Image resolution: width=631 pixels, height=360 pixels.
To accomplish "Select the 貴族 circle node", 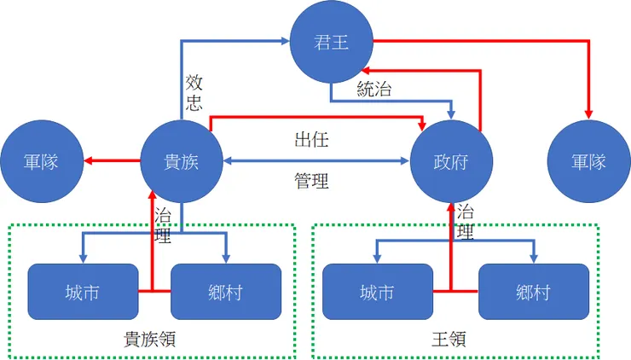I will coord(181,160).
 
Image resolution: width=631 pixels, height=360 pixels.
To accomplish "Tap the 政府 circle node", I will coord(453,160).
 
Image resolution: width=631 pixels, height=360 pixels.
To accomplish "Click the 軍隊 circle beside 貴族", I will coord(41,160).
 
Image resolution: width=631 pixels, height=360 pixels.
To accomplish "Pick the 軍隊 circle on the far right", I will coord(589,160).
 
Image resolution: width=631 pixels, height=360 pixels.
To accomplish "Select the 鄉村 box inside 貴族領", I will coord(226,292).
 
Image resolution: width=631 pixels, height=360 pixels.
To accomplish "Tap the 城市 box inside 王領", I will coord(379,292).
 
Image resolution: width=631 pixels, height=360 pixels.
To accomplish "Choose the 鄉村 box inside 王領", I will coord(533,292).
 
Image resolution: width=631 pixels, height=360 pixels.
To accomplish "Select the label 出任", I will coord(311,138).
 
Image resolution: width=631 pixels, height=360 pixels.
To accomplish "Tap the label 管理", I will coord(311,180).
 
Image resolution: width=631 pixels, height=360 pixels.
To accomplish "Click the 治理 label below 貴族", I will coord(161,224).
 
